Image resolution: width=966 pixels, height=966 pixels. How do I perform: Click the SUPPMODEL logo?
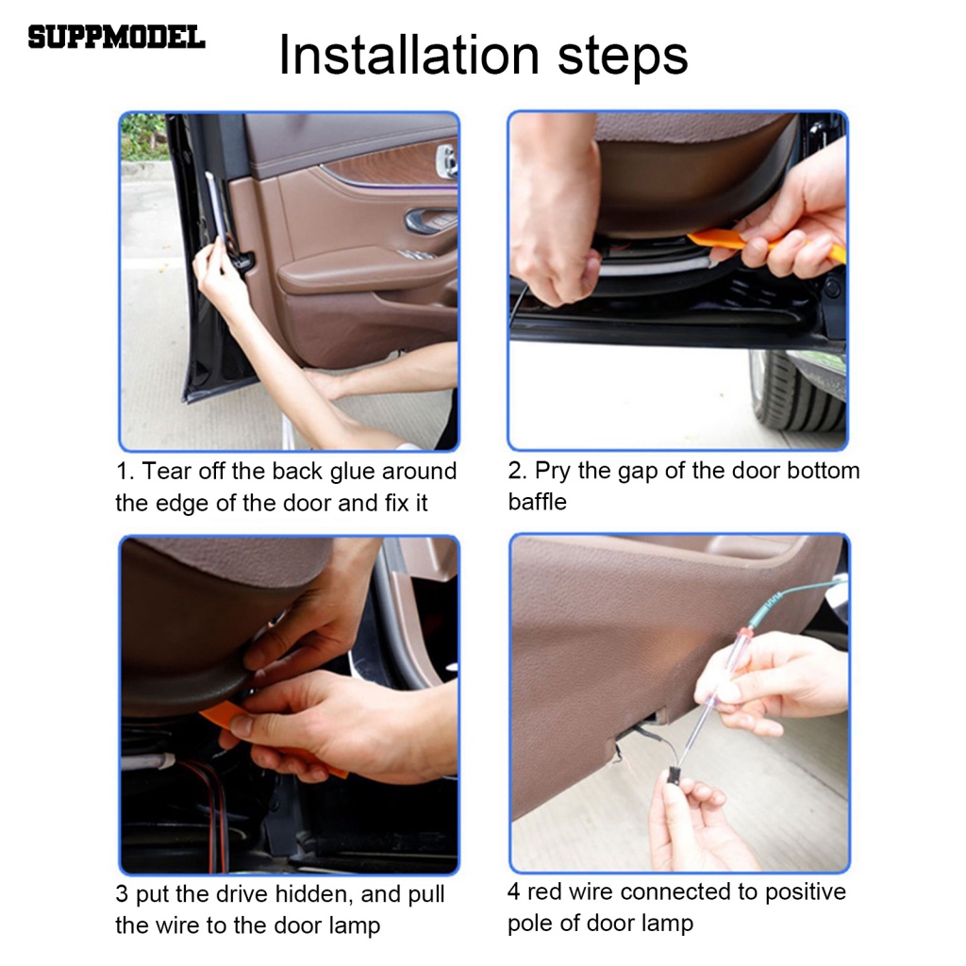click(x=116, y=38)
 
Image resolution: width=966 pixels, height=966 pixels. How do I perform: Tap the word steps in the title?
click(x=623, y=58)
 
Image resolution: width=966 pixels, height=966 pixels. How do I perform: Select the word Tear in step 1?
click(x=165, y=472)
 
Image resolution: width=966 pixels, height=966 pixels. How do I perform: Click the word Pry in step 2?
click(x=553, y=472)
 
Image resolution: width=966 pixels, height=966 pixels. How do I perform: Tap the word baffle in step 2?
click(x=537, y=502)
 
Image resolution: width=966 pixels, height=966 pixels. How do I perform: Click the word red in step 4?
click(x=544, y=892)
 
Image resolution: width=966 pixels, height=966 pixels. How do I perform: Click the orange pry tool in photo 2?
click(x=764, y=244)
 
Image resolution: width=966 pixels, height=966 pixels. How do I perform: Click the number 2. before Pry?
click(x=518, y=472)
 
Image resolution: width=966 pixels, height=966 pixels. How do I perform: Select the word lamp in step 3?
click(x=354, y=926)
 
